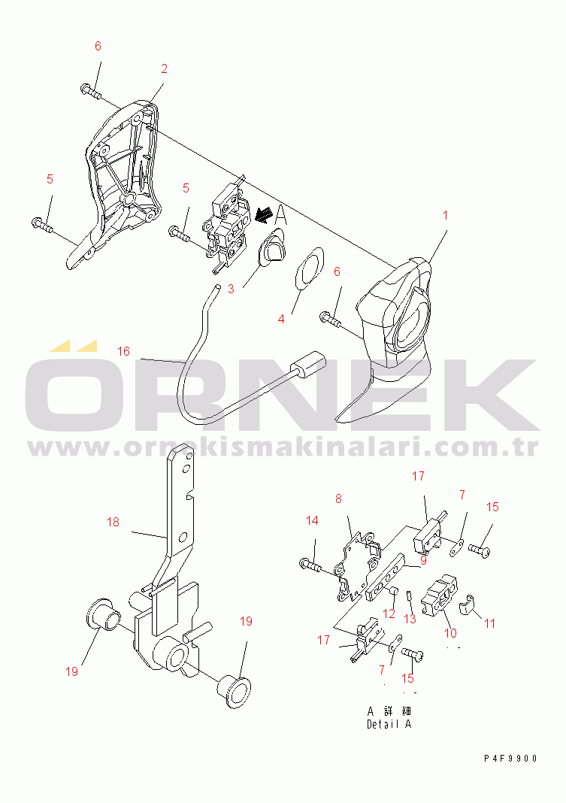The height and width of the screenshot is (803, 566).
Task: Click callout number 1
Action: tap(445, 215)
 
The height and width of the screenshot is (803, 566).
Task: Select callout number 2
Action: tap(164, 68)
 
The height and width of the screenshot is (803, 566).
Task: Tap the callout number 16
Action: tap(123, 351)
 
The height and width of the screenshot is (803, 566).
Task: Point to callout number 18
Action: tap(113, 522)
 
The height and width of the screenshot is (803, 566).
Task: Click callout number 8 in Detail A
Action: tap(338, 498)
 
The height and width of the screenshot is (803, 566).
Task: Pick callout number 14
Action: tap(312, 521)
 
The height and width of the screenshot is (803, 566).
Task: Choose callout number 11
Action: tap(490, 623)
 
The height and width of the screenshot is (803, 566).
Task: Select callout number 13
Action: tap(410, 619)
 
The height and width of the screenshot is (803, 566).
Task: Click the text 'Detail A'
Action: tap(389, 724)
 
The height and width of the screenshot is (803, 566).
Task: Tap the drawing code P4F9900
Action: tap(510, 759)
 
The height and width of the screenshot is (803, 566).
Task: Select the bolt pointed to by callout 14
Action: tap(310, 565)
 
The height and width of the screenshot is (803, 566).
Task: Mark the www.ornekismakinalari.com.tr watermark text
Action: tap(283, 447)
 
